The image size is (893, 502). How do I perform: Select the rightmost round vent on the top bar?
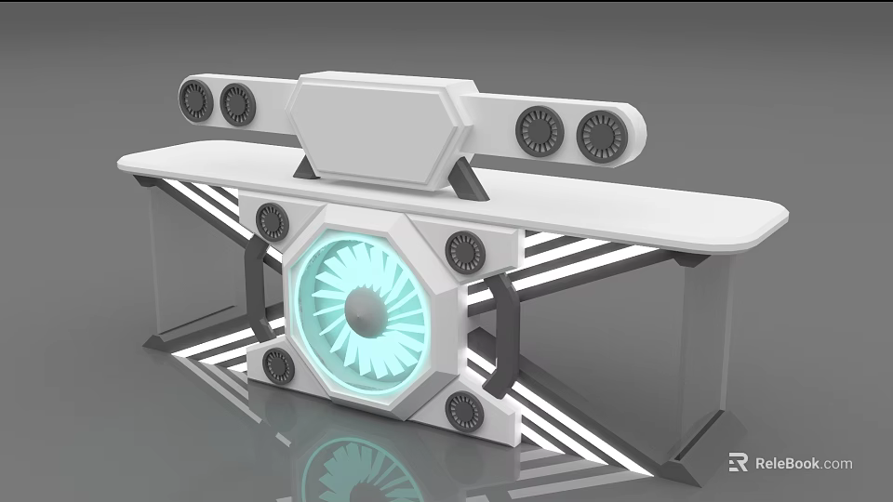pos(602,136)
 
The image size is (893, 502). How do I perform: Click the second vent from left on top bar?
pos(237,104)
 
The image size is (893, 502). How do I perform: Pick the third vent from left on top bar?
pos(540,131)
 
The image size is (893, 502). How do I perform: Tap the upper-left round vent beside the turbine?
pos(272,221)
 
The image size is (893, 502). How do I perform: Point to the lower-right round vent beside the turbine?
pos(465,410)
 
